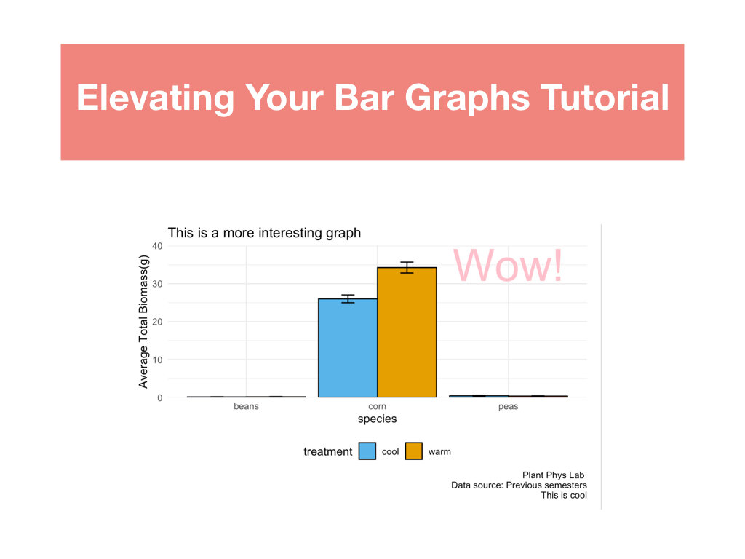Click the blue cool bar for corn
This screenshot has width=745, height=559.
click(x=348, y=348)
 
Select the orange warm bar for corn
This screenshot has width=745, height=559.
click(x=407, y=332)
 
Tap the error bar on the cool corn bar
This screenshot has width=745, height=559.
click(x=348, y=298)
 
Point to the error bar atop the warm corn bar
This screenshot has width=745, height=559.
click(x=407, y=267)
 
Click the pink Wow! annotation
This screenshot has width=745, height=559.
click(x=508, y=265)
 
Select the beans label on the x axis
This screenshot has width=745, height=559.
click(x=246, y=406)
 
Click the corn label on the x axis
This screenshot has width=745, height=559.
click(x=378, y=406)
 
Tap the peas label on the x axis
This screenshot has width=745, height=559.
click(x=508, y=407)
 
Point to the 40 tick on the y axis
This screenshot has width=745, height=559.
click(x=157, y=246)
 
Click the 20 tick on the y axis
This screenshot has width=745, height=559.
click(x=157, y=322)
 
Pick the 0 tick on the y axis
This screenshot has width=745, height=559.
click(x=159, y=398)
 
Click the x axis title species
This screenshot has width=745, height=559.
click(x=378, y=419)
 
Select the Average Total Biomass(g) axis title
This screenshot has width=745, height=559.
click(x=143, y=322)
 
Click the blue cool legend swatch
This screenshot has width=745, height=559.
click(x=367, y=451)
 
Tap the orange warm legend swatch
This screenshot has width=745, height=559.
click(x=414, y=451)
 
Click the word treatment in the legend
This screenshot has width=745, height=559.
click(x=328, y=451)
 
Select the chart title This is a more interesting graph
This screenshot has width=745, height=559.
click(x=264, y=233)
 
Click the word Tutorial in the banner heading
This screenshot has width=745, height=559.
click(x=605, y=98)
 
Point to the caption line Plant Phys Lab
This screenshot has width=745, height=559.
click(x=554, y=475)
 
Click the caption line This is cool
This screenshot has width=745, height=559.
click(x=564, y=495)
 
